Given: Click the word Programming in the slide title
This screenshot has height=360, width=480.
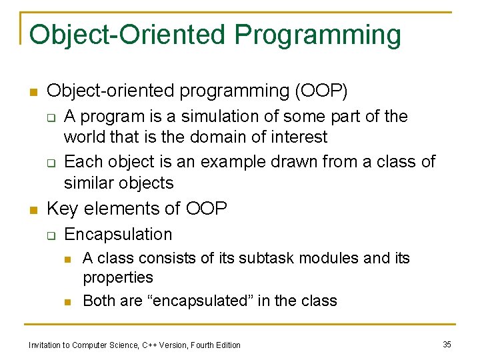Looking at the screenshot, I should tap(318, 35).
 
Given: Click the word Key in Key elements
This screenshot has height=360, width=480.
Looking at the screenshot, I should tap(63, 209).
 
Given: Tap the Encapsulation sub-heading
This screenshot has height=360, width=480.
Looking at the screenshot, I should tap(118, 235).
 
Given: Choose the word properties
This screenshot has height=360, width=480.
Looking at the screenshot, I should tap(117, 277).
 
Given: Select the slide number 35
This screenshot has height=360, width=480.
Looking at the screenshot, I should tap(447, 344).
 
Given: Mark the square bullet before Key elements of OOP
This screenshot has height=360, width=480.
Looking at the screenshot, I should tap(33, 210).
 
